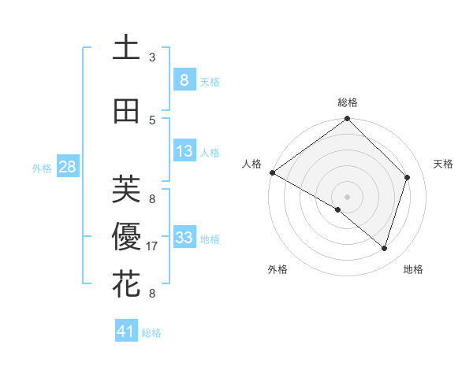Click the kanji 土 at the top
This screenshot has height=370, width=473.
pyautogui.click(x=126, y=47)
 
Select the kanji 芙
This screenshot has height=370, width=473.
pyautogui.click(x=126, y=189)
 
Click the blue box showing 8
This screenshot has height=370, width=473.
pyautogui.click(x=184, y=80)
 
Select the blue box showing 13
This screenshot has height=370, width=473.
pyautogui.click(x=184, y=151)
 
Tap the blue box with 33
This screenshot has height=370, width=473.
pyautogui.click(x=184, y=238)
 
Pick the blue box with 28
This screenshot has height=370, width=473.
pyautogui.click(x=67, y=167)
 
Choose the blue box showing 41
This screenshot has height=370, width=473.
pyautogui.click(x=126, y=331)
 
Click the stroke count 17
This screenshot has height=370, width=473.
pyautogui.click(x=153, y=246)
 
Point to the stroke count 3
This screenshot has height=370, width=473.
pyautogui.click(x=152, y=57)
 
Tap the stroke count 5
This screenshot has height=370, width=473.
pyautogui.click(x=152, y=120)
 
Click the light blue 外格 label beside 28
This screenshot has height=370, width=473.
pyautogui.click(x=42, y=168)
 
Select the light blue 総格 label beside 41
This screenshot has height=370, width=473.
pyautogui.click(x=151, y=333)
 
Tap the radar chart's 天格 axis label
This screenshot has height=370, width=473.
pyautogui.click(x=444, y=164)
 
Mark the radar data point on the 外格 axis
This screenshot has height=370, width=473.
pyautogui.click(x=338, y=210)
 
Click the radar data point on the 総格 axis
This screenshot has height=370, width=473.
pyautogui.click(x=348, y=120)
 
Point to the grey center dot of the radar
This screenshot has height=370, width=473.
pyautogui.click(x=348, y=196)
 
